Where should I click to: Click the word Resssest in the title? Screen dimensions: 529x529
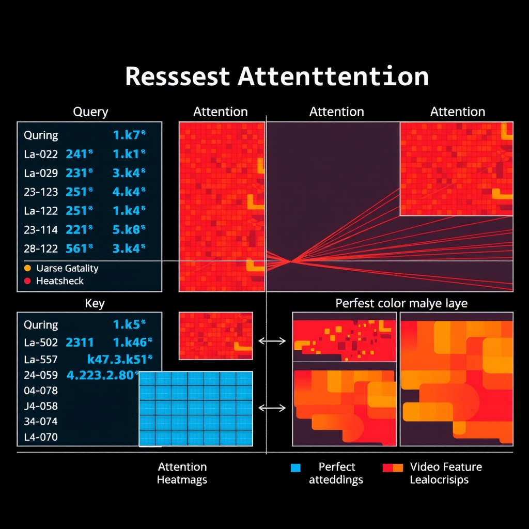tap(177, 77)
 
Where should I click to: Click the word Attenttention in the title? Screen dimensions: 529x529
tap(333, 77)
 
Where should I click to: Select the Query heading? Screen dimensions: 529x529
tap(90, 112)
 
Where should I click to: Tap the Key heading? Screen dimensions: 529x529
tap(95, 303)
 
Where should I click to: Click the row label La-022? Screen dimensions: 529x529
tap(41, 153)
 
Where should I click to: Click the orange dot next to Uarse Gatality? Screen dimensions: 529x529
tap(27, 268)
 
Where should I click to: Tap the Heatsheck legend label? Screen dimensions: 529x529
tap(59, 281)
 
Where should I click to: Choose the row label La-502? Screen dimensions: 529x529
tap(41, 342)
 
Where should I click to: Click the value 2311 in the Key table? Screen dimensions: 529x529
tap(80, 342)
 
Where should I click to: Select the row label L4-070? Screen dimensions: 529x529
tap(41, 437)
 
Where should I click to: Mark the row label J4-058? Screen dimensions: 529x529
tap(41, 406)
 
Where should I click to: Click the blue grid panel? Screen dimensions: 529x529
tap(196, 409)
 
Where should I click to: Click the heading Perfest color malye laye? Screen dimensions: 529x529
tap(401, 303)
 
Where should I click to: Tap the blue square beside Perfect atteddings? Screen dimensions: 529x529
tap(295, 468)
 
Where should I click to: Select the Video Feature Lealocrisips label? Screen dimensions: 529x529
tap(445, 473)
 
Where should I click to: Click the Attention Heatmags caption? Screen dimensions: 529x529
tap(182, 473)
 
